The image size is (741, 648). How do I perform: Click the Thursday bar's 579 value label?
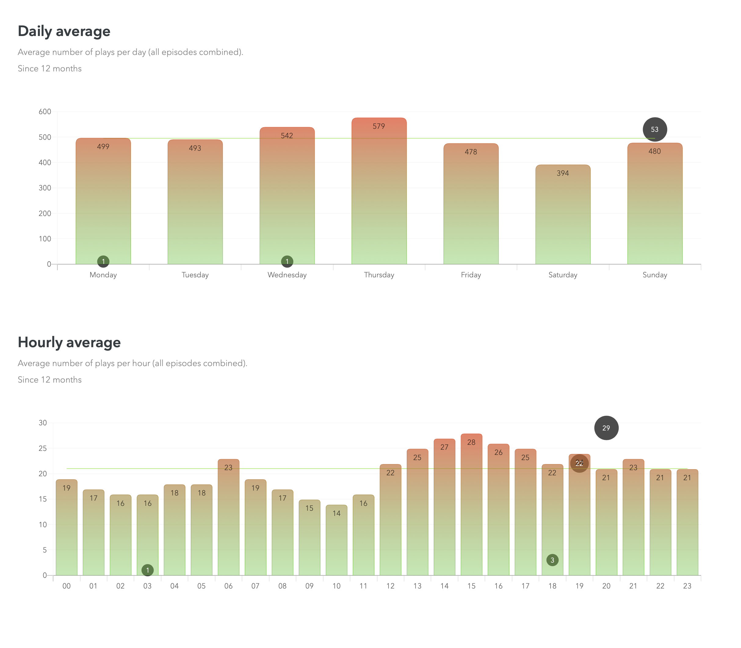(x=379, y=126)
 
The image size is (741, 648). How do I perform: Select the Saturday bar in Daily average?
(x=563, y=217)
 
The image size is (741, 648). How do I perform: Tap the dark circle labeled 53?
(x=655, y=129)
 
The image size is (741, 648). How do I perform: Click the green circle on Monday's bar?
(x=103, y=261)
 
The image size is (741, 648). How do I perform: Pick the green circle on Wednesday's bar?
(x=287, y=261)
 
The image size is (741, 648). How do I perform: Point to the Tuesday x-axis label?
(x=195, y=275)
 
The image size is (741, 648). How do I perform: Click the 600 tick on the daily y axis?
(x=45, y=112)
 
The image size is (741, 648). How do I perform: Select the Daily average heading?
(x=64, y=31)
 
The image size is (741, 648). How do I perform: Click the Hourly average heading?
(x=69, y=342)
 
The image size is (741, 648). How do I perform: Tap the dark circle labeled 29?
(x=606, y=428)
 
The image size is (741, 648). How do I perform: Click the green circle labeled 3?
(x=552, y=560)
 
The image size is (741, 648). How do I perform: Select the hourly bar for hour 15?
(x=471, y=506)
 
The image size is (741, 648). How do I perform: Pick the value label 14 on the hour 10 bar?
(x=336, y=513)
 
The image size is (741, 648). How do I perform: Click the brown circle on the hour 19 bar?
(x=579, y=463)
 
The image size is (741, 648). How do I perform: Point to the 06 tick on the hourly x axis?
(x=228, y=586)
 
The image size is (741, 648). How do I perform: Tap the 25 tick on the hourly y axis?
(x=43, y=448)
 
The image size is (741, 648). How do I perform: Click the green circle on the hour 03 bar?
(x=147, y=570)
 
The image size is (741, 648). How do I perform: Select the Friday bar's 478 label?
(x=471, y=152)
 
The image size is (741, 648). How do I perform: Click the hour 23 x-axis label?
(x=687, y=586)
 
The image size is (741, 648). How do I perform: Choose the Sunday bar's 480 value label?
(x=655, y=151)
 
